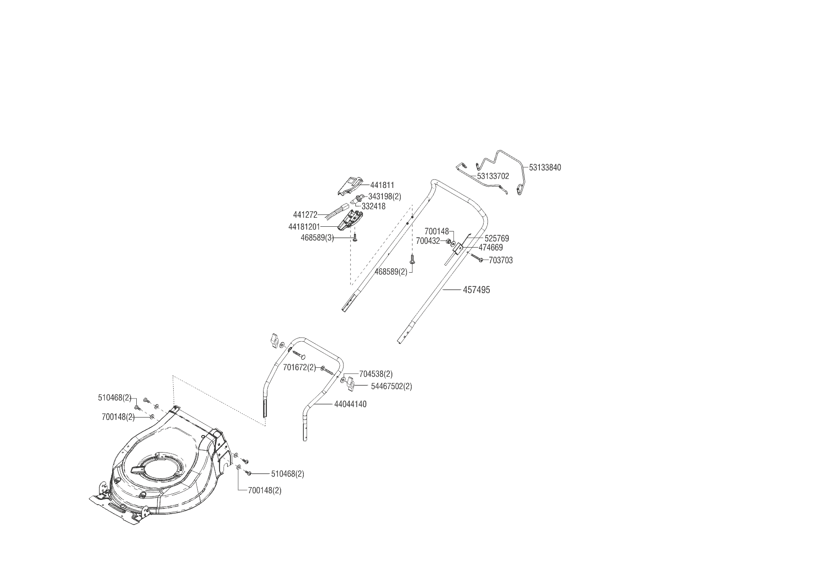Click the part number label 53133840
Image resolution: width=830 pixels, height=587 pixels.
coord(545,168)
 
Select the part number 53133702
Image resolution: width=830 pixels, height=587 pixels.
coord(493,176)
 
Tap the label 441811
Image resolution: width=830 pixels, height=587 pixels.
coord(382,185)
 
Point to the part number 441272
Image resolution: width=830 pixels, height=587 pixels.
coord(305,215)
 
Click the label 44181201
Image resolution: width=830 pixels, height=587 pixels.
coord(304,227)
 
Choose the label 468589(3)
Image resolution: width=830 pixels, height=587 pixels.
coord(317,238)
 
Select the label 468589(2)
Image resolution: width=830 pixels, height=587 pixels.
coord(391,272)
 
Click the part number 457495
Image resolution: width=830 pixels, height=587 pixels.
coord(477,290)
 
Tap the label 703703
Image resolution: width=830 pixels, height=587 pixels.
coord(501,260)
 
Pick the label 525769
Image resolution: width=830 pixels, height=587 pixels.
coord(497,239)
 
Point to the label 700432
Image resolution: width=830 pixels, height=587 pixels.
coord(428,241)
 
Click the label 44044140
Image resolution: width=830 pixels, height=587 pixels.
coord(350,404)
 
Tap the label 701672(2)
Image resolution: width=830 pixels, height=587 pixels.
coord(300,367)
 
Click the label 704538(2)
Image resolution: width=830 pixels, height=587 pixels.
coord(376,374)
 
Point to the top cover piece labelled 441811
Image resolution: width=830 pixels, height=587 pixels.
coord(350,186)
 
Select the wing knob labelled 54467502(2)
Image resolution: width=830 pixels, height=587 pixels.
coord(350,383)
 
